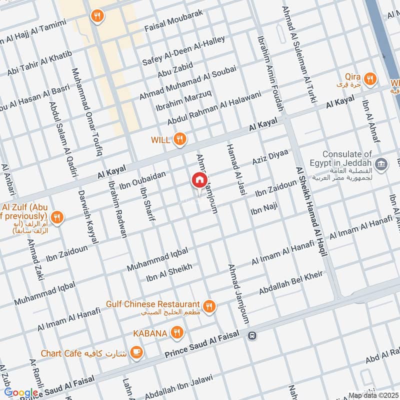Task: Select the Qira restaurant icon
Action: click(370, 79)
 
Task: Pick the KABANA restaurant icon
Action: click(176, 332)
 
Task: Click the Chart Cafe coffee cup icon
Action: click(135, 353)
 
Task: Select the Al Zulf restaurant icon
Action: click(57, 217)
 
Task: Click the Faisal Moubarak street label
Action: click(173, 20)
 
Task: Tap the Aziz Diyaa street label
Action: click(270, 158)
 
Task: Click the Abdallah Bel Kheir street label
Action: click(290, 282)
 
